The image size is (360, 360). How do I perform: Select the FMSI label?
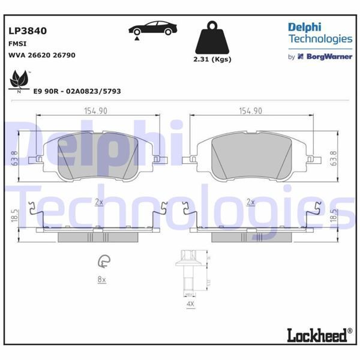click(x=17, y=43)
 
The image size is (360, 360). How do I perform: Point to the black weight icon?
click(x=212, y=37)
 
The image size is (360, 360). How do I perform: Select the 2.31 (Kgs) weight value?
click(x=212, y=59)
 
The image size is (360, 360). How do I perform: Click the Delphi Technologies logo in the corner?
click(x=319, y=34)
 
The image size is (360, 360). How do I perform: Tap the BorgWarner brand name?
click(x=329, y=57)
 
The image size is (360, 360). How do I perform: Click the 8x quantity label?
click(x=101, y=280)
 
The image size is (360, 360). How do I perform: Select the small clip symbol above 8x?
click(x=103, y=262)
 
